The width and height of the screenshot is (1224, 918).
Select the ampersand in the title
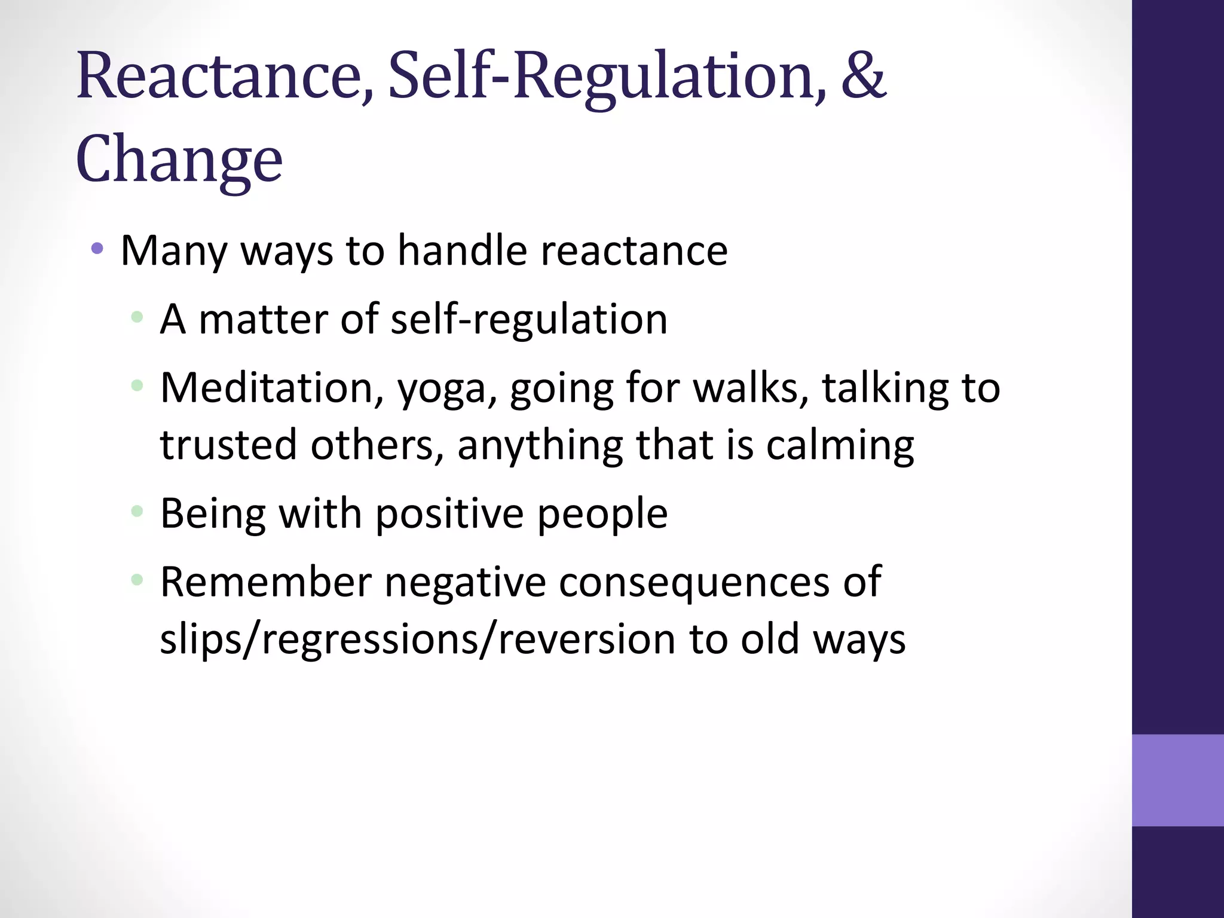pos(863,76)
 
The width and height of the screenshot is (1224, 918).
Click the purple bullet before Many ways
pos(97,248)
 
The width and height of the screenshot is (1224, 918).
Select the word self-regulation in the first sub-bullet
pos(529,319)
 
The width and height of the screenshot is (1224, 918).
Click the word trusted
pos(228,445)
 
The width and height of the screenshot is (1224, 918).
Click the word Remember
pos(266,582)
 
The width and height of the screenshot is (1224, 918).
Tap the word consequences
pos(694,583)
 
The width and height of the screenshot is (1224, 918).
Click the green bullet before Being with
pos(137,511)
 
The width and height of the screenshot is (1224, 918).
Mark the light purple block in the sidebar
pos(1177,780)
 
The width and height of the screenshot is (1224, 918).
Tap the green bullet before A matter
pos(137,317)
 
